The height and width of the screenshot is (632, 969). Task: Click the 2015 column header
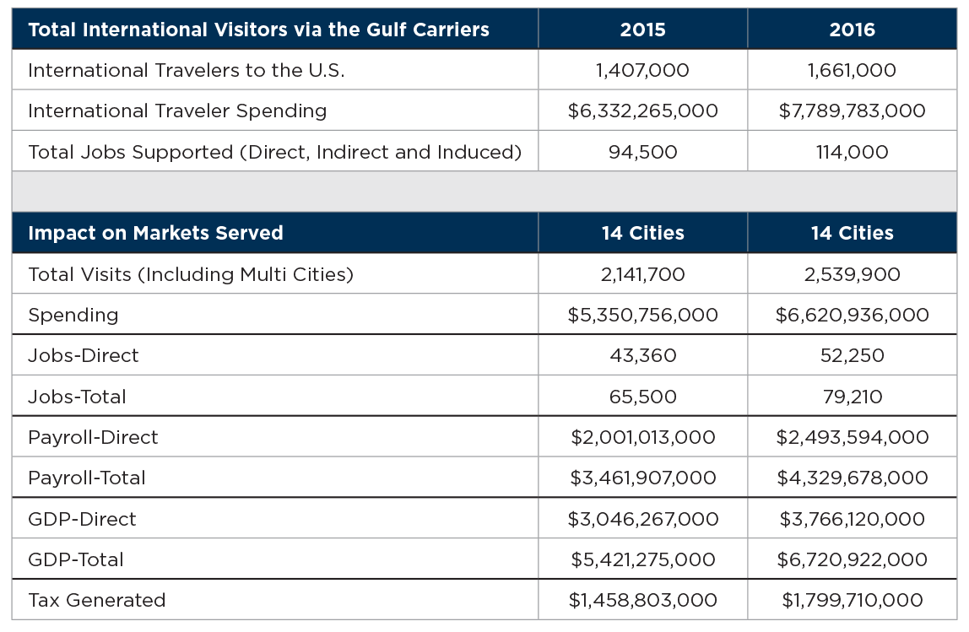[x=642, y=30]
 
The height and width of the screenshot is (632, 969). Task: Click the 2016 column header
[x=853, y=30]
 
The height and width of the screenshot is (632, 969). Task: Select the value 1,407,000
[x=642, y=70]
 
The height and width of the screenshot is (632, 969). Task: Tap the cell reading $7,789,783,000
[x=853, y=111]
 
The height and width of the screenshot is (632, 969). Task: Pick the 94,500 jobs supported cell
[x=642, y=152]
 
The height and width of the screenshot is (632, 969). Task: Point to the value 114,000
[x=853, y=152]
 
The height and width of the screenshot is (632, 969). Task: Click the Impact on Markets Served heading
[x=155, y=233]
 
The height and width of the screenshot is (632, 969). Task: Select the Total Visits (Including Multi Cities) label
[x=191, y=274]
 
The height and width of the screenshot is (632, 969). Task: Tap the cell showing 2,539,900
[x=853, y=274]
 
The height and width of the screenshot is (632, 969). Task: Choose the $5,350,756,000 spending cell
[x=642, y=315]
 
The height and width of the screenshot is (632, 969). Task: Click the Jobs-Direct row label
[x=84, y=356]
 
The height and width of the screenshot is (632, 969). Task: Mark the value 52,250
[x=853, y=356]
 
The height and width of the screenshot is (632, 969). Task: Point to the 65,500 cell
[x=642, y=397]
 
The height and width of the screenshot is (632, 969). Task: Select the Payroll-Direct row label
[x=94, y=437]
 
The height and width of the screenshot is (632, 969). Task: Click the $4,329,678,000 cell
[x=853, y=478]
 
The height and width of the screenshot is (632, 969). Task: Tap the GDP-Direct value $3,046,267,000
[x=642, y=519]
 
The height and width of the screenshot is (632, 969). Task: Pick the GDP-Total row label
[x=76, y=559]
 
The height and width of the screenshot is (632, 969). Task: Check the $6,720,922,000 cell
[x=853, y=559]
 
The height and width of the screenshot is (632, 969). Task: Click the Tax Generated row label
[x=97, y=601]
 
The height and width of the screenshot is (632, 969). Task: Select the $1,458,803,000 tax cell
[x=642, y=601]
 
